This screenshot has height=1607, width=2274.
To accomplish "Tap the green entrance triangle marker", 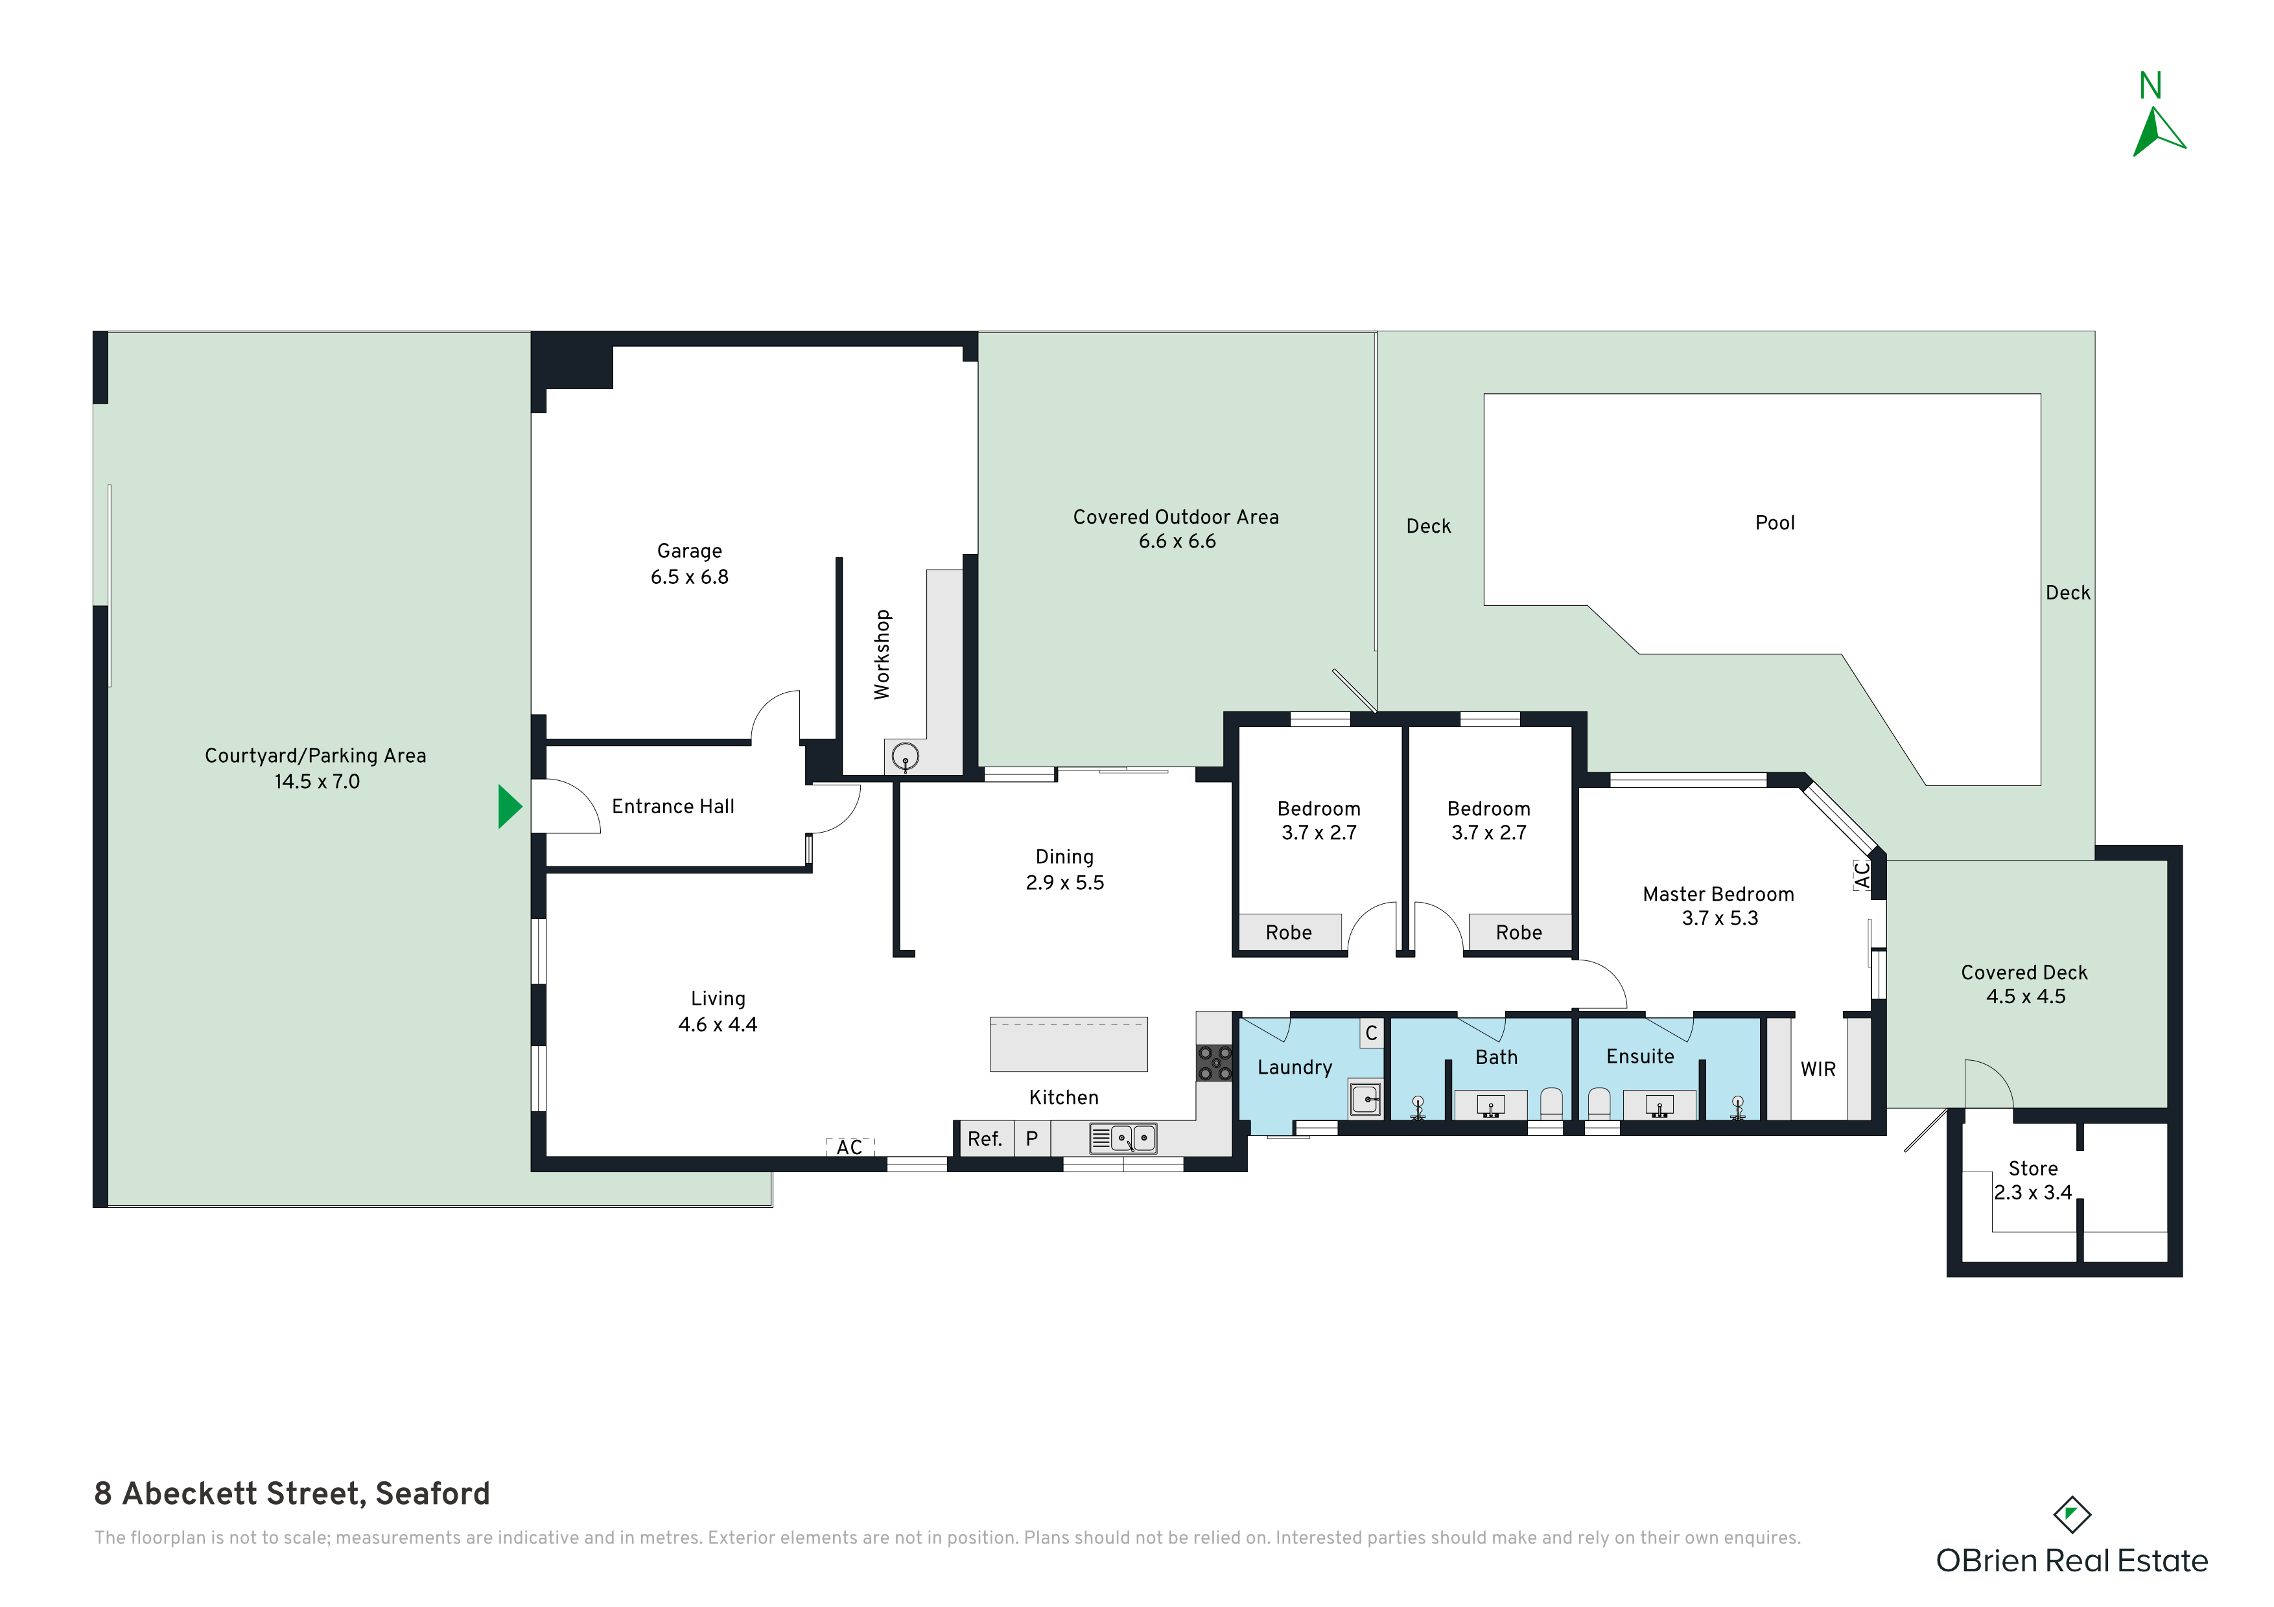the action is coord(509,806).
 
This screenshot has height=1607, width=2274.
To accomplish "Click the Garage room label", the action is coord(689,551).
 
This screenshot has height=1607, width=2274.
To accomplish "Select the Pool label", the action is coord(1775,523).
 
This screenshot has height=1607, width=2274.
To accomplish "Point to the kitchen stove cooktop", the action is coord(1214,1063).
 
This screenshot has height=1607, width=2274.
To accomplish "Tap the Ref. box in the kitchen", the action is coord(985,1139).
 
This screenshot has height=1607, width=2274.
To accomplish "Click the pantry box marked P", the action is coord(1032,1139).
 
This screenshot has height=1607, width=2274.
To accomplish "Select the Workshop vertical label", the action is coord(882,654).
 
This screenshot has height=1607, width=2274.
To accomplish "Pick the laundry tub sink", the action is coord(1366,1099).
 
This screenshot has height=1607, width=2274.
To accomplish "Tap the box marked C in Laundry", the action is coord(1372,1034).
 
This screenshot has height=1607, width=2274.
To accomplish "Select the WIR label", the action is coord(1818,1069).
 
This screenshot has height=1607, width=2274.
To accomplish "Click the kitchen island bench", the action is coord(1069,1045).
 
